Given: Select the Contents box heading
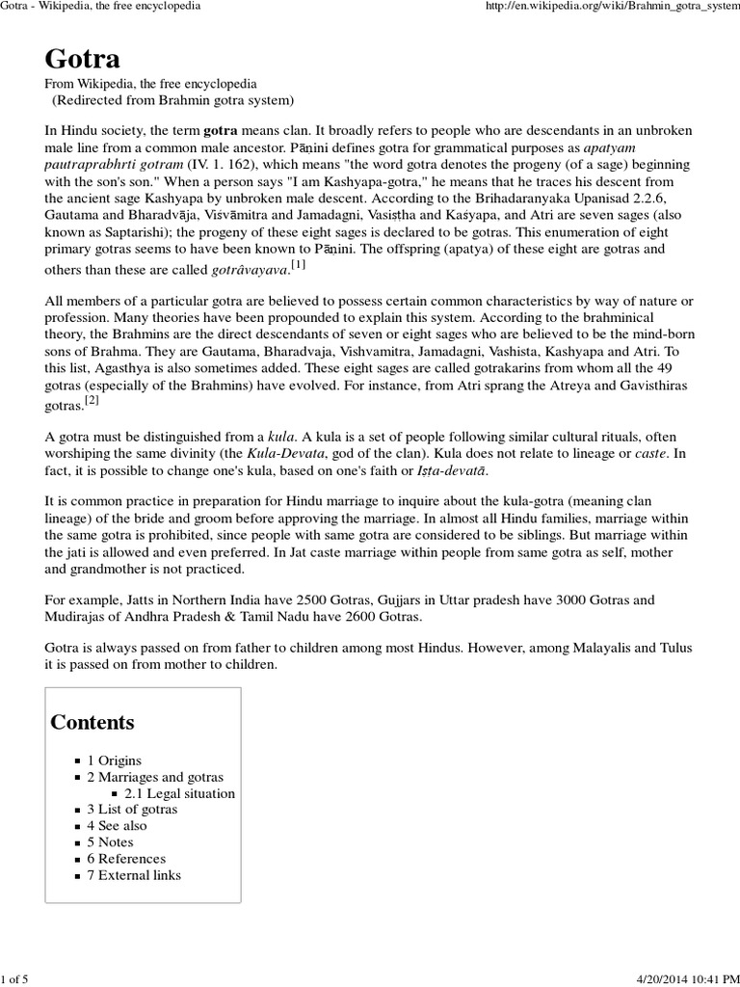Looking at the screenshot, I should point(92,722).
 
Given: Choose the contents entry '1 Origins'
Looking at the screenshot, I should point(114,760).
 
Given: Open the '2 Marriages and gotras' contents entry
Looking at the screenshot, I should point(154,777).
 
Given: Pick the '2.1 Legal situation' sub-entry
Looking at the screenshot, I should point(179,793).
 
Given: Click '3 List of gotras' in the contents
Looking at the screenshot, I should point(132,810).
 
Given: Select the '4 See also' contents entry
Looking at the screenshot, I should point(117,826).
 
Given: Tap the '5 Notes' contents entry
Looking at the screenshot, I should point(110,842).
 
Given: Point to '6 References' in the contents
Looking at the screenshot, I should point(125,859).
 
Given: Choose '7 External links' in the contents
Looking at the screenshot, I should point(133,875).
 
